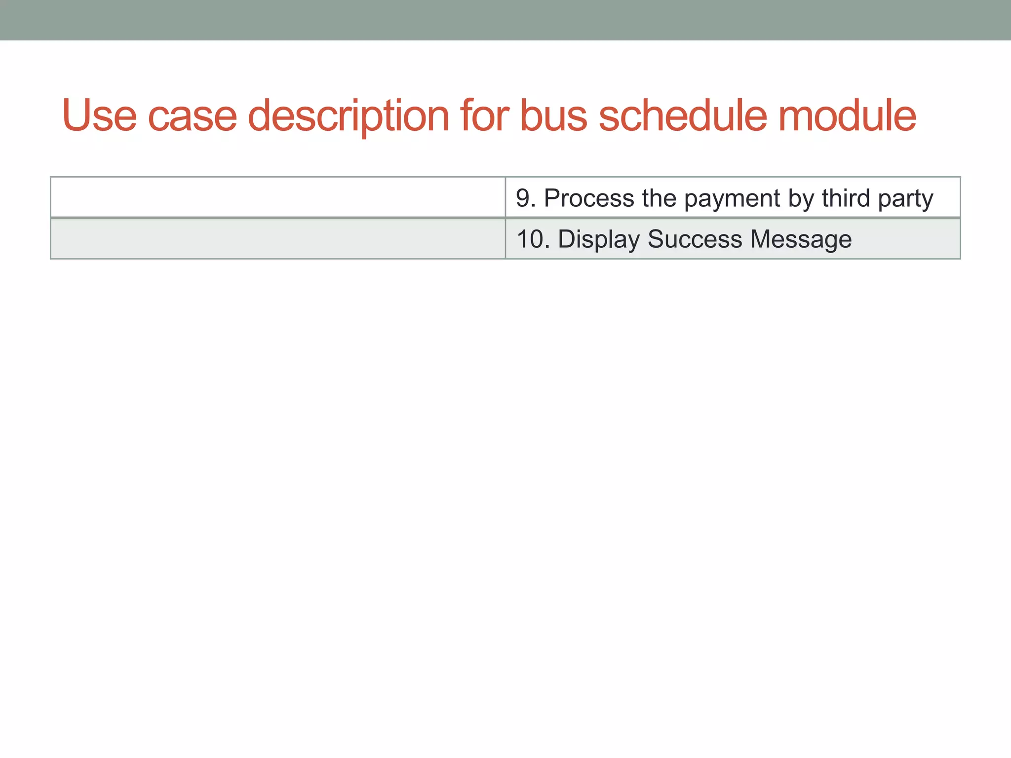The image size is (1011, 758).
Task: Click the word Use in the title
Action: coord(99,115)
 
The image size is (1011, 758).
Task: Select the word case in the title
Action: coord(193,116)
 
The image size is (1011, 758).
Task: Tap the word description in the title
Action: coord(348,116)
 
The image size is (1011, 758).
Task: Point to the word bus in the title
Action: coord(554,115)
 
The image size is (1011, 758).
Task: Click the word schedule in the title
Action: coord(683,115)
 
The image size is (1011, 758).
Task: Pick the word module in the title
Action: coord(847,115)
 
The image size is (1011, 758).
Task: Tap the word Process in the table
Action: coord(589,198)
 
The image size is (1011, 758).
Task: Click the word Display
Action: coord(599,240)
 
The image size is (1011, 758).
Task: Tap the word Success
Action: coord(695,239)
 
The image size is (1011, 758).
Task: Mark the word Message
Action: coord(801,240)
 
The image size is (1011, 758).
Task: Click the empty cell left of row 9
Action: coord(278,197)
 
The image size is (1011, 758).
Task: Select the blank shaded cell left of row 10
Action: coord(278,239)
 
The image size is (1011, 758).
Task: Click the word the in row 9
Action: coord(659,198)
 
